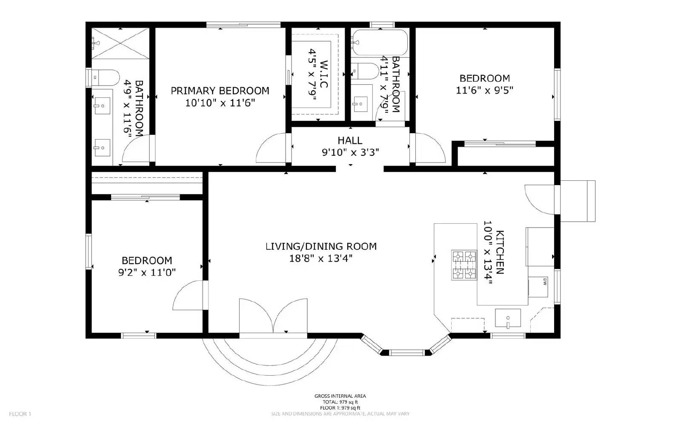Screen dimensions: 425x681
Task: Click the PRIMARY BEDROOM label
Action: (220, 91)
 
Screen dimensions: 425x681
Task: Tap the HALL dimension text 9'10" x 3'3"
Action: (350, 152)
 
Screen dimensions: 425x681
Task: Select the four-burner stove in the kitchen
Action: (464, 265)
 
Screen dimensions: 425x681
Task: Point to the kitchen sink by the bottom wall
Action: (508, 318)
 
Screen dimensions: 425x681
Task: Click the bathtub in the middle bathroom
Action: (380, 43)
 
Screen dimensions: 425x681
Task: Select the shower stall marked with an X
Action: (121, 43)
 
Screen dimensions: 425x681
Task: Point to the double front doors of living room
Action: (273, 317)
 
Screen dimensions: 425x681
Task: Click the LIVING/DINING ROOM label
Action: (321, 246)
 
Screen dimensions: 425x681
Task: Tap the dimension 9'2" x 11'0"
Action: (147, 272)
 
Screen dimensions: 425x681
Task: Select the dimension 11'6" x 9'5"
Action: (484, 90)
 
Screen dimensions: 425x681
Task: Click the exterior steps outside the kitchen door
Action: (578, 201)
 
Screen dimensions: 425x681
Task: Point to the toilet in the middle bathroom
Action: (366, 71)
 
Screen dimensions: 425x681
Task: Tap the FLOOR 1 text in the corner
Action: (20, 414)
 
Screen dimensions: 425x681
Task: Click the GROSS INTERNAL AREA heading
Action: (340, 396)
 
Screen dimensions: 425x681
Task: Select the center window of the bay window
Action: (407, 352)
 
